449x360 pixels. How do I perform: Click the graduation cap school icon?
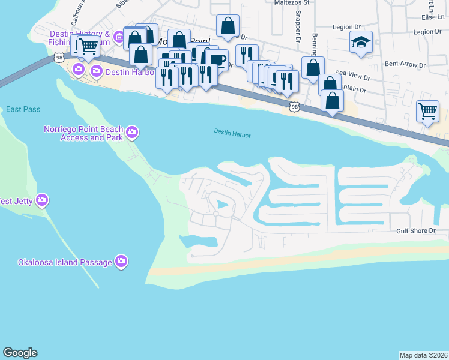tap(361, 43)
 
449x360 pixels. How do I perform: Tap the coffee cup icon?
tap(217, 60)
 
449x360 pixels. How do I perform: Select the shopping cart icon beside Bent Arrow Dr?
tap(427, 111)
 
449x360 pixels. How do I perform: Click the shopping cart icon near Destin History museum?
tap(88, 45)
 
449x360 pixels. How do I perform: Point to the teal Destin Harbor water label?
tap(232, 133)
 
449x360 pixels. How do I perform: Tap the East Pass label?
tap(23, 109)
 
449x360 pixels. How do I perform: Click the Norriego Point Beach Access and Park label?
tap(83, 133)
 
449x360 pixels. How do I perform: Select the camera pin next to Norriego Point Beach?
tap(132, 131)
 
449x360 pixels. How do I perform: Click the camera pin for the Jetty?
tap(42, 200)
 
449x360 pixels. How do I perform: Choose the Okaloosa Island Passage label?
tap(65, 262)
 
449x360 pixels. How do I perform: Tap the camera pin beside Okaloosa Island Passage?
tap(121, 261)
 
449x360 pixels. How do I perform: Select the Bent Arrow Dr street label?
tap(405, 64)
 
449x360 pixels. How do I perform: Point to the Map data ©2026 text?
tap(424, 355)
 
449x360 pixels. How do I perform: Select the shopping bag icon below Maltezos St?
tap(228, 26)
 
